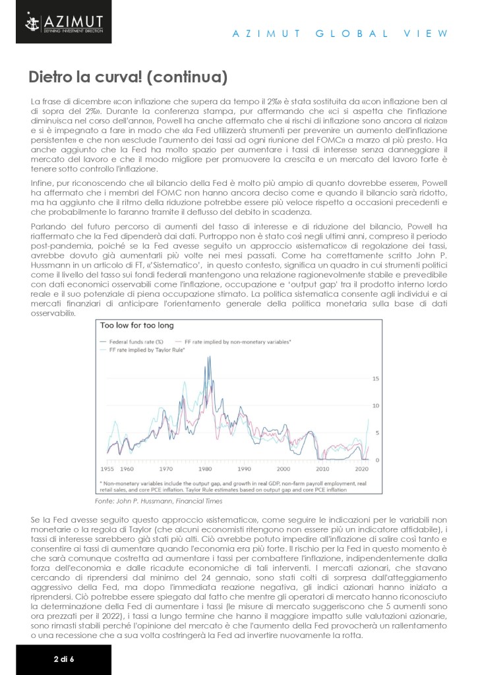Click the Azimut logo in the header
point(55,24)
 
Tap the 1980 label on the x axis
point(206,469)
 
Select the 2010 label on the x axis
point(323,469)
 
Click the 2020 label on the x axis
point(361,469)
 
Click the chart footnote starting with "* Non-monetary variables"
point(231,484)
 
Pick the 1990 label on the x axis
point(244,469)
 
